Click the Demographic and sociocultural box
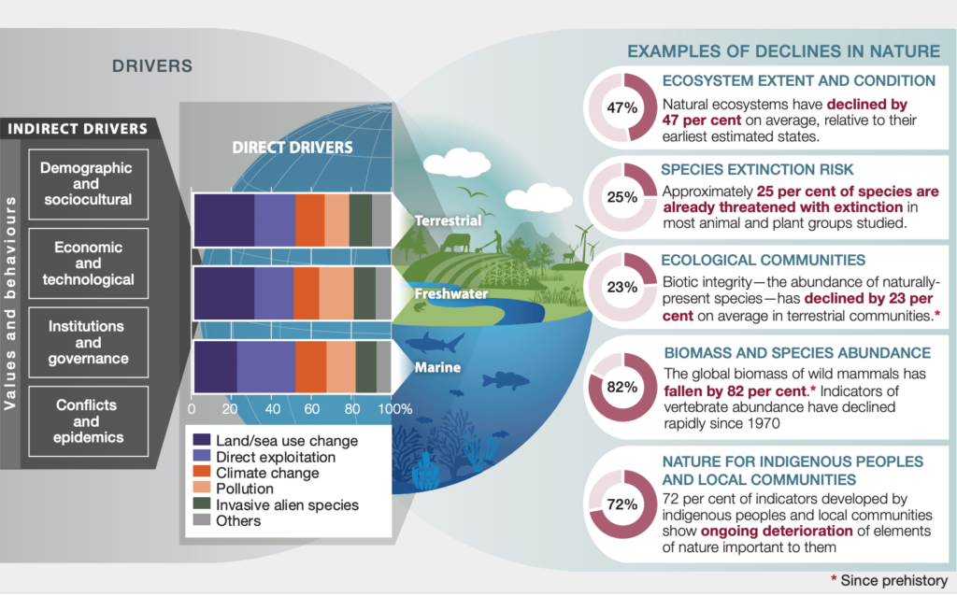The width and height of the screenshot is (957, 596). pos(89,184)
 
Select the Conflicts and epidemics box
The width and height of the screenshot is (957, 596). pos(89,421)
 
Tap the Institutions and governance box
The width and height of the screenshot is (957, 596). pos(89,342)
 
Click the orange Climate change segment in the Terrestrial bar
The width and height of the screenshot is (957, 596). pos(310,220)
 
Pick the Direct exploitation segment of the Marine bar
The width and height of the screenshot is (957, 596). pos(266,366)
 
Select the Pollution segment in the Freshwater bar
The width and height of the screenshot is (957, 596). pos(336,293)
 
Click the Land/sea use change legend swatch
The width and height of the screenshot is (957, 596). pos(202,440)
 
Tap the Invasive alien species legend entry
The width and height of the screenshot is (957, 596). pos(276,504)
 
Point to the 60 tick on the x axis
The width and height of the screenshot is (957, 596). pos(312,409)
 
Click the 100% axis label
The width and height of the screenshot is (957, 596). pos(395,409)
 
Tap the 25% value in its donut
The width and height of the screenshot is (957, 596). pos(621,197)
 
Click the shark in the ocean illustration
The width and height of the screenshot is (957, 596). pos(435,343)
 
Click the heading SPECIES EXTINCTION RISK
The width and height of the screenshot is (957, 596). pos(757,170)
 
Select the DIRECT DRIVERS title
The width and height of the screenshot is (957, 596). pos(293,147)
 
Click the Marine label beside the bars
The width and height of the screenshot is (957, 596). pos(437,367)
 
